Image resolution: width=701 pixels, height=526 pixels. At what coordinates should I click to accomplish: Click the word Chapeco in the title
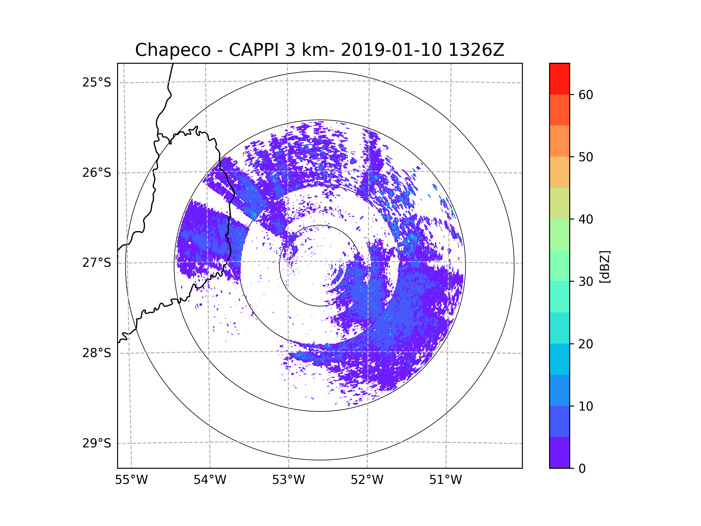173,50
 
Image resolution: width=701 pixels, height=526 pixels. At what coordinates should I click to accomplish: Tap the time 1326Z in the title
476,50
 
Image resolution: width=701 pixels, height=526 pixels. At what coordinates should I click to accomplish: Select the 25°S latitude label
97,82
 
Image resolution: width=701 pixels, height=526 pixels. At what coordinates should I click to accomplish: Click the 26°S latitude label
97,173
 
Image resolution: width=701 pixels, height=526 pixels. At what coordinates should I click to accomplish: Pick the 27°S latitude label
97,263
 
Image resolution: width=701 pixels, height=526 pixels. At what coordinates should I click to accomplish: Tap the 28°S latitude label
97,353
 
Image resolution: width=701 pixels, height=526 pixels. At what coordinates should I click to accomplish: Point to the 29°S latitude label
97,443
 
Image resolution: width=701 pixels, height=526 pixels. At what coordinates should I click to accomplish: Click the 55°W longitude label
131,480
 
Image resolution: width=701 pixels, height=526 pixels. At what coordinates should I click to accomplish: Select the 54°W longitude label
210,480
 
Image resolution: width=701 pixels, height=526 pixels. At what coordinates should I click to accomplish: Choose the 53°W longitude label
288,480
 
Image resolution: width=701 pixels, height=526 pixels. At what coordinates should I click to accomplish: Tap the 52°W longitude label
367,480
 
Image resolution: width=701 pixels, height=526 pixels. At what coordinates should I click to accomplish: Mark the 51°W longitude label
445,480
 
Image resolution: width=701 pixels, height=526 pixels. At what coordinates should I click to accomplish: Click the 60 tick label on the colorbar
586,95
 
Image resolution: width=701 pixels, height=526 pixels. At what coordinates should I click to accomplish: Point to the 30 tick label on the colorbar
586,281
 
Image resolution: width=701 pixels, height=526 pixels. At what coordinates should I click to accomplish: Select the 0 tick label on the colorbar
582,469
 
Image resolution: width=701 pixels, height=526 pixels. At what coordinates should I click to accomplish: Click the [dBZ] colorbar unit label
605,267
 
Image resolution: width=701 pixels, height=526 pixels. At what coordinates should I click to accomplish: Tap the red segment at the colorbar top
559,79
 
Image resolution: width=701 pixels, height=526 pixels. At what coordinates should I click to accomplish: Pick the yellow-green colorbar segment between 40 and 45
559,203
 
